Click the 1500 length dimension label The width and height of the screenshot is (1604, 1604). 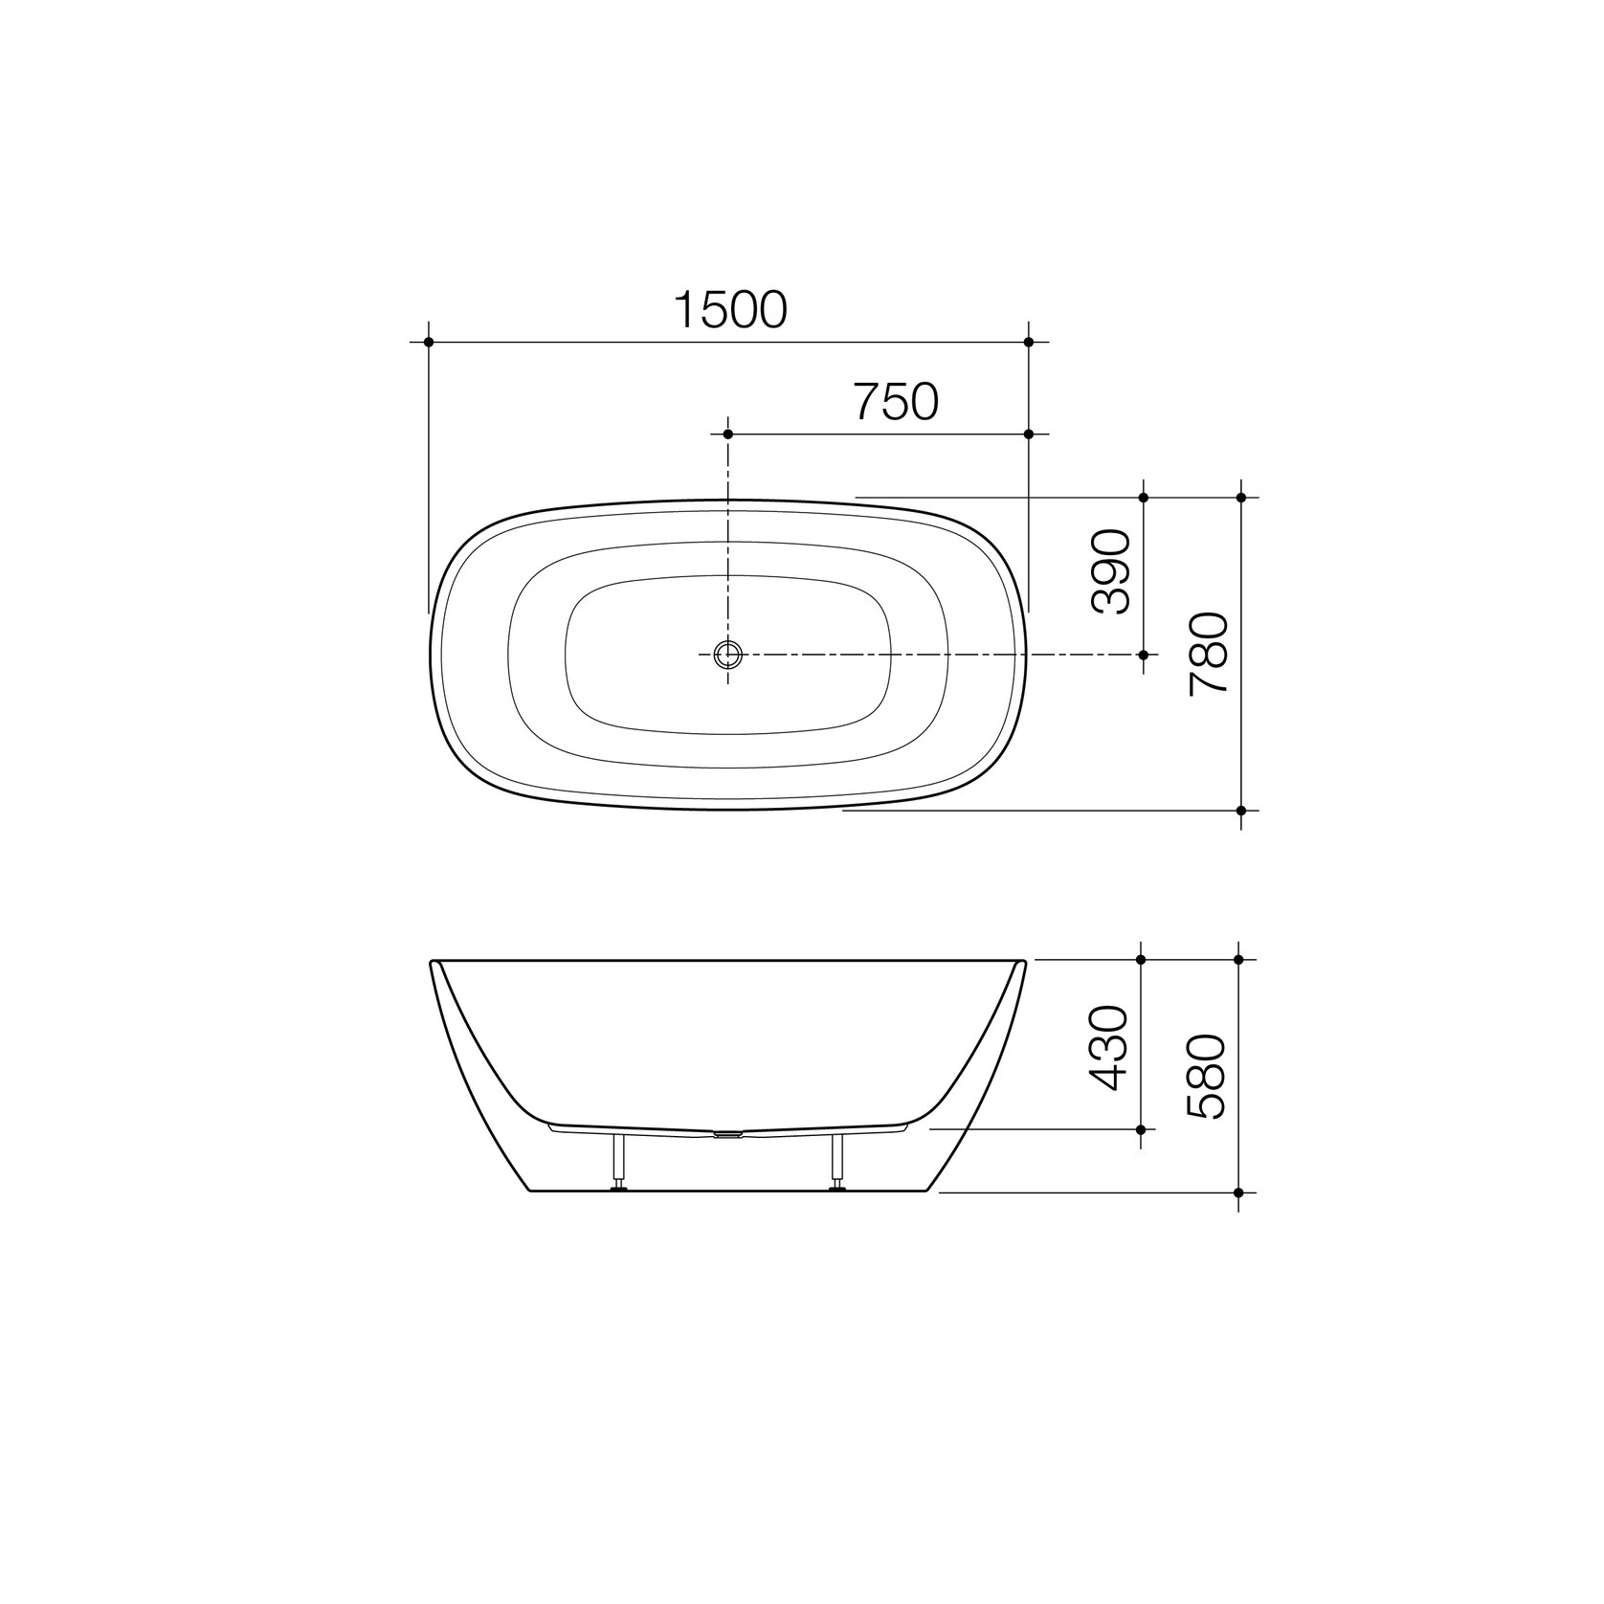pyautogui.click(x=731, y=309)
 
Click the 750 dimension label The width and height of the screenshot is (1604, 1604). pyautogui.click(x=896, y=402)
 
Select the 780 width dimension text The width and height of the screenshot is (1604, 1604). pyautogui.click(x=1208, y=655)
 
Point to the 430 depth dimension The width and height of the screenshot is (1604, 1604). pyautogui.click(x=1110, y=1048)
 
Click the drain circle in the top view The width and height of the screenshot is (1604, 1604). pyautogui.click(x=728, y=655)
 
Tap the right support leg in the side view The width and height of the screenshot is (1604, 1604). pyautogui.click(x=838, y=1162)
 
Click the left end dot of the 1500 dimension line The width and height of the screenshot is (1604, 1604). pyautogui.click(x=429, y=342)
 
